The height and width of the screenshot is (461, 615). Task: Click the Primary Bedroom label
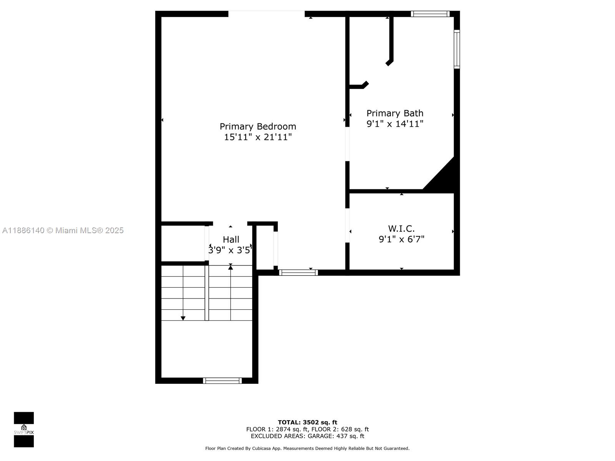coord(258,126)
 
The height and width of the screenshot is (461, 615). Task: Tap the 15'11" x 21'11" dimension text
coord(258,137)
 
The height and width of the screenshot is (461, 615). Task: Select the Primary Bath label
coord(395,113)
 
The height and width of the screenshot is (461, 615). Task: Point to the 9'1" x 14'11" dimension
coord(395,124)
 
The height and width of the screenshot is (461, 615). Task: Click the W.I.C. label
coord(401,229)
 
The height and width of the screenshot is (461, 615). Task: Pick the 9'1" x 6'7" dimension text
coord(401,239)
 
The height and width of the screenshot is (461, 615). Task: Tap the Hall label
coord(231,239)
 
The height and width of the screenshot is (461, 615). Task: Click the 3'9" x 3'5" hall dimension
coord(230,250)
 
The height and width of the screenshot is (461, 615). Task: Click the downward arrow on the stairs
coord(183,318)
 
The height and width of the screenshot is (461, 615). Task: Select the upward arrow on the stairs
coord(231,267)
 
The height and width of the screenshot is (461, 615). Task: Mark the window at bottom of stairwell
coord(222,381)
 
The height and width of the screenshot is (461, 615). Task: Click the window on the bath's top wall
coord(430,14)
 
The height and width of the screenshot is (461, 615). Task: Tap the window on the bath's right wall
coord(457,49)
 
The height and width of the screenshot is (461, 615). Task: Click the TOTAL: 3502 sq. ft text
coord(307,422)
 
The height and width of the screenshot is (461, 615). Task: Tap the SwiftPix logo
coord(24,429)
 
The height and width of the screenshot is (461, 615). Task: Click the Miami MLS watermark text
coord(63,230)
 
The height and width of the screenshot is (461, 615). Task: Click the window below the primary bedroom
coord(298,272)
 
